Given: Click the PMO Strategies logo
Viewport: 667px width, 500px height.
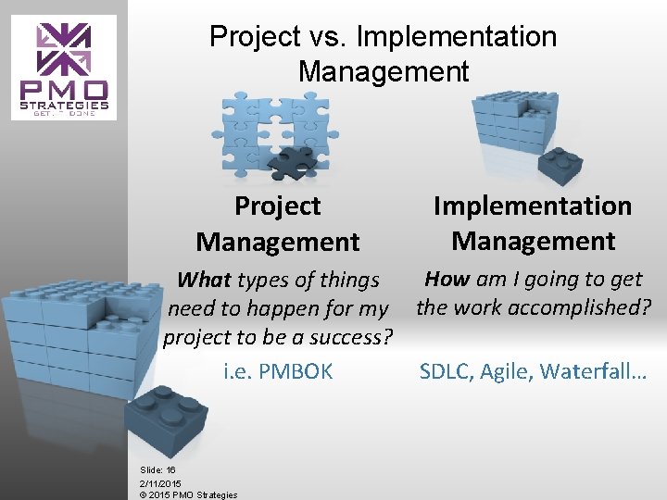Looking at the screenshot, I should (65, 68).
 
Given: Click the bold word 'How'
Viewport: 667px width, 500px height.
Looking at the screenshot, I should (447, 279).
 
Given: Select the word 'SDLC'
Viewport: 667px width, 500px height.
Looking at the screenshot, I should (447, 371).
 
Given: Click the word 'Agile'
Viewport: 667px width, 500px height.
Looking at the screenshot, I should (507, 371).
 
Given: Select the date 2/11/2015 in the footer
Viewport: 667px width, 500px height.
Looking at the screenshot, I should (160, 483).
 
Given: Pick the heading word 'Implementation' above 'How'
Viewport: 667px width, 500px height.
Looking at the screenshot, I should (533, 206).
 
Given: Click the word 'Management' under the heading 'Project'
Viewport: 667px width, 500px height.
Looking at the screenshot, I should (277, 243).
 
